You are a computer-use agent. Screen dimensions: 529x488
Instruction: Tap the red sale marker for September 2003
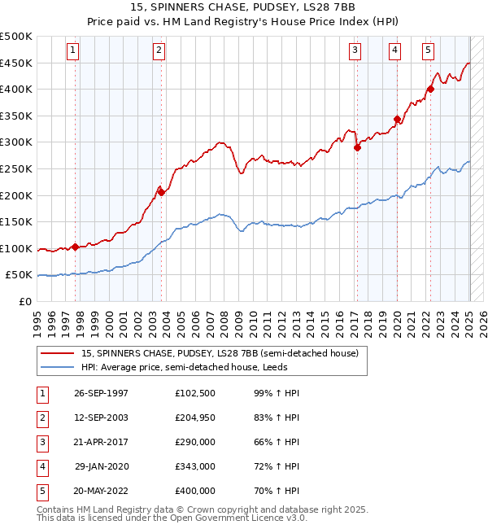point(161,192)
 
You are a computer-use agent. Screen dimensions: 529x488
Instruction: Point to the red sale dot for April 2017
point(356,147)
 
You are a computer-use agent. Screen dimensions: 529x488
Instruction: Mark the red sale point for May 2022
point(430,90)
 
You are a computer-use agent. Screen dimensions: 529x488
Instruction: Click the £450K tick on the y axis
point(17,63)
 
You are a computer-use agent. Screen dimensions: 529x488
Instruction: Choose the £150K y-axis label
point(17,221)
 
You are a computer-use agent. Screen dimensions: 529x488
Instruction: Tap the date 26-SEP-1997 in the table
point(101,393)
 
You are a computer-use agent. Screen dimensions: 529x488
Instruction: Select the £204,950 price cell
point(195,418)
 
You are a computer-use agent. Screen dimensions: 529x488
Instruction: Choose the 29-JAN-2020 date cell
point(102,466)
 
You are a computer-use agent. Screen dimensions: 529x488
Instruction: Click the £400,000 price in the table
point(195,491)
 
